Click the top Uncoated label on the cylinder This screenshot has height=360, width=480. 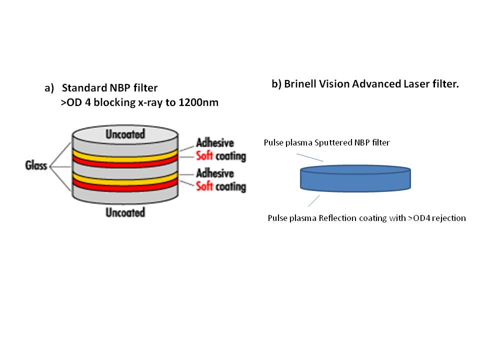[125, 134]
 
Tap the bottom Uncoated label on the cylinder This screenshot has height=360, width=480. [125, 212]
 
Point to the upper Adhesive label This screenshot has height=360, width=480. [214, 142]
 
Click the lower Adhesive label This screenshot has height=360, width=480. [214, 173]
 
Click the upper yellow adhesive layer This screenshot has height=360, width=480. [125, 154]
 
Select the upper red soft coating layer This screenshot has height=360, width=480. [125, 162]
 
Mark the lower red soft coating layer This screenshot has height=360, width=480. [125, 191]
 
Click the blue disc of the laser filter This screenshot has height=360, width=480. [355, 180]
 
